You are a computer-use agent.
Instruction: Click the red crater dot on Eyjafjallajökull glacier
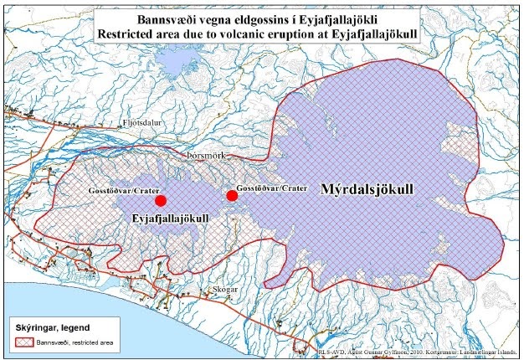click(x=161, y=200)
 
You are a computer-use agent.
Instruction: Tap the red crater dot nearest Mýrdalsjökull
click(x=232, y=196)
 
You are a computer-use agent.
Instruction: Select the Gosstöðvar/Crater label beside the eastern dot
click(x=271, y=187)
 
